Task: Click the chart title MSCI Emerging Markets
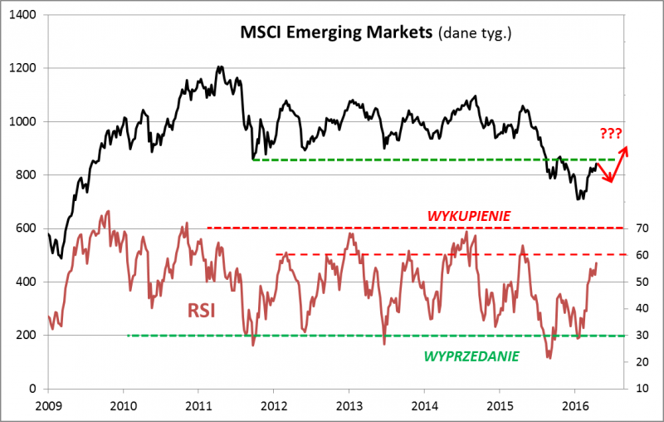(337, 33)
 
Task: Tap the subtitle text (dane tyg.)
(476, 34)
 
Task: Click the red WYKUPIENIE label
(468, 215)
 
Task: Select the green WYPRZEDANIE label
(471, 356)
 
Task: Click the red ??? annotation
(610, 133)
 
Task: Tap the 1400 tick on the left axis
(23, 15)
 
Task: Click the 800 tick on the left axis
(27, 175)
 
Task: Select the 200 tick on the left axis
(27, 336)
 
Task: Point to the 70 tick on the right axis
(642, 228)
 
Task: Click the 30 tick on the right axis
(642, 336)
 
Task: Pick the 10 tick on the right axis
(642, 389)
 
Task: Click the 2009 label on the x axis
(48, 405)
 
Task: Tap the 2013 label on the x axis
(349, 405)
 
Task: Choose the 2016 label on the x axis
(574, 405)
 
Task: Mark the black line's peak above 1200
(220, 66)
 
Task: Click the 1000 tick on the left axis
(23, 122)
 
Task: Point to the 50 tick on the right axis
(642, 282)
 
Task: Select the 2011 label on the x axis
(198, 405)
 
